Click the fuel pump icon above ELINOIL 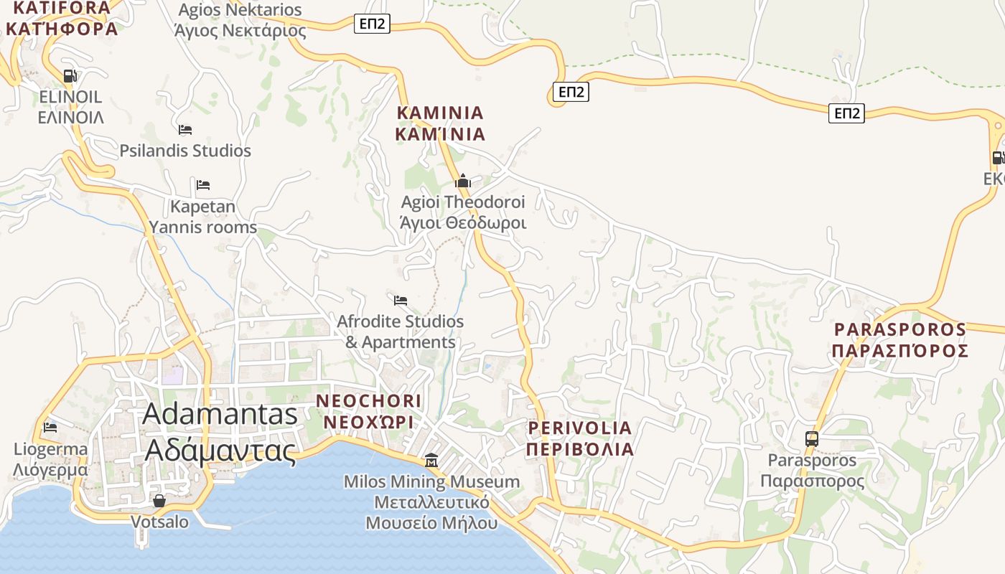coord(70,75)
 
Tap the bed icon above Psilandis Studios coord(185,130)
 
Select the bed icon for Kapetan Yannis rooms coord(203,185)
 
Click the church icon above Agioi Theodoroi coord(463,181)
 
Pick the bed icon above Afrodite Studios coord(401,300)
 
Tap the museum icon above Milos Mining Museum coord(431,460)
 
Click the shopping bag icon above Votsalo coord(159,500)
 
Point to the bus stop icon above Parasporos coord(812,438)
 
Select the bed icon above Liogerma coord(50,428)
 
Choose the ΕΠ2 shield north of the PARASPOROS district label coord(846,113)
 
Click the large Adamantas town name coord(220,433)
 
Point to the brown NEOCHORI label coord(369,411)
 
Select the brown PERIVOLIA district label coord(580,438)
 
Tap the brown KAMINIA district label coord(440,123)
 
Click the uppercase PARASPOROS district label coord(900,340)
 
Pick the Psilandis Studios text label coord(185,151)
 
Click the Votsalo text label coord(159,522)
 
